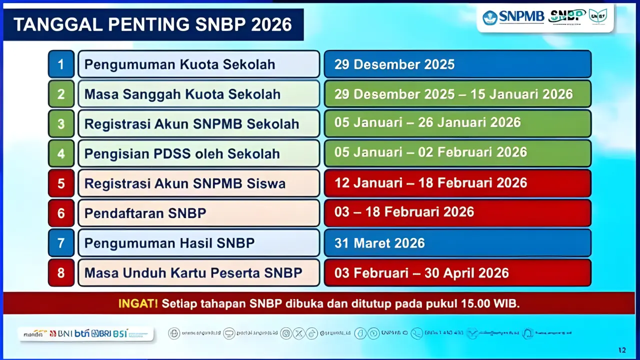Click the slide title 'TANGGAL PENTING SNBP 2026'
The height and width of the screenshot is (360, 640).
pos(152,24)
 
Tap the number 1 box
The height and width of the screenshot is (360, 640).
pos(61,64)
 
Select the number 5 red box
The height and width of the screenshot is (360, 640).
pos(61,183)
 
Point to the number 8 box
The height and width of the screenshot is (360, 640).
pos(61,273)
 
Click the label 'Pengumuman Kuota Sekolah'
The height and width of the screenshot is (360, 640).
pos(180,64)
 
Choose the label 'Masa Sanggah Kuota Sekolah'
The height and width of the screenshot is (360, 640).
pos(182,94)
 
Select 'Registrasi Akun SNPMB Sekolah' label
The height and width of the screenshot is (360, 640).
pos(191,124)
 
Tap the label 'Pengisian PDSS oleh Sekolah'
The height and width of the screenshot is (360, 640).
pos(182,153)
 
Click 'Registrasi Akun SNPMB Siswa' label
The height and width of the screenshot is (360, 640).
pos(185,183)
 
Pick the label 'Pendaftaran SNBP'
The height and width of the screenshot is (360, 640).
pos(145,213)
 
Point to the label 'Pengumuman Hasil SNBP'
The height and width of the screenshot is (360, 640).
pos(169,243)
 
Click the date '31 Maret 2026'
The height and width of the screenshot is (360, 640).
pos(379,243)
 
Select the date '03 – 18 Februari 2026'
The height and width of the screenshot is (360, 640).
pos(404,212)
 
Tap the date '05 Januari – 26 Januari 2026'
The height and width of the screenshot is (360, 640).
pos(427,122)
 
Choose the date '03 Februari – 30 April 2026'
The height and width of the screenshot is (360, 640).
pos(421,273)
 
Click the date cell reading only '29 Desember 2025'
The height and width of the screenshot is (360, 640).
pos(394,64)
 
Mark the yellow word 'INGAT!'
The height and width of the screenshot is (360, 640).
pos(138,303)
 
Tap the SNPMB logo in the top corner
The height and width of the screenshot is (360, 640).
pos(513,17)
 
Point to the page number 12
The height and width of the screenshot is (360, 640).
pos(622,349)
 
